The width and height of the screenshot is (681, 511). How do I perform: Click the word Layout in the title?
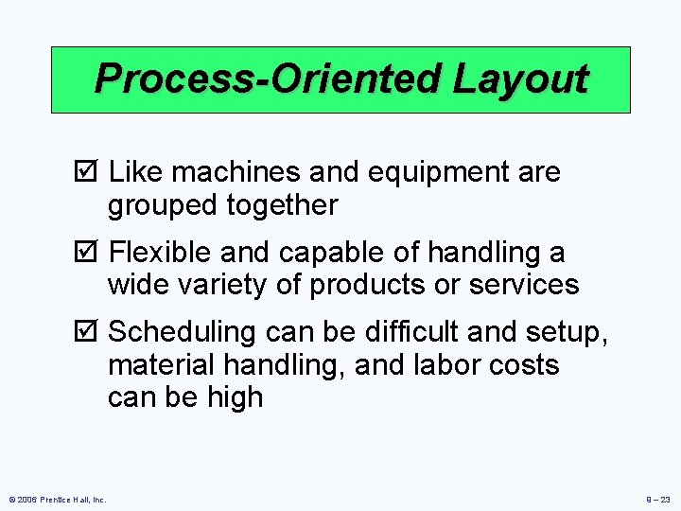pos(520,79)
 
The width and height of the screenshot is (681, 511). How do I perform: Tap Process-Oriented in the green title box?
pos(270,79)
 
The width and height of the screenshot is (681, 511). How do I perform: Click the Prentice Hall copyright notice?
pos(58,498)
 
